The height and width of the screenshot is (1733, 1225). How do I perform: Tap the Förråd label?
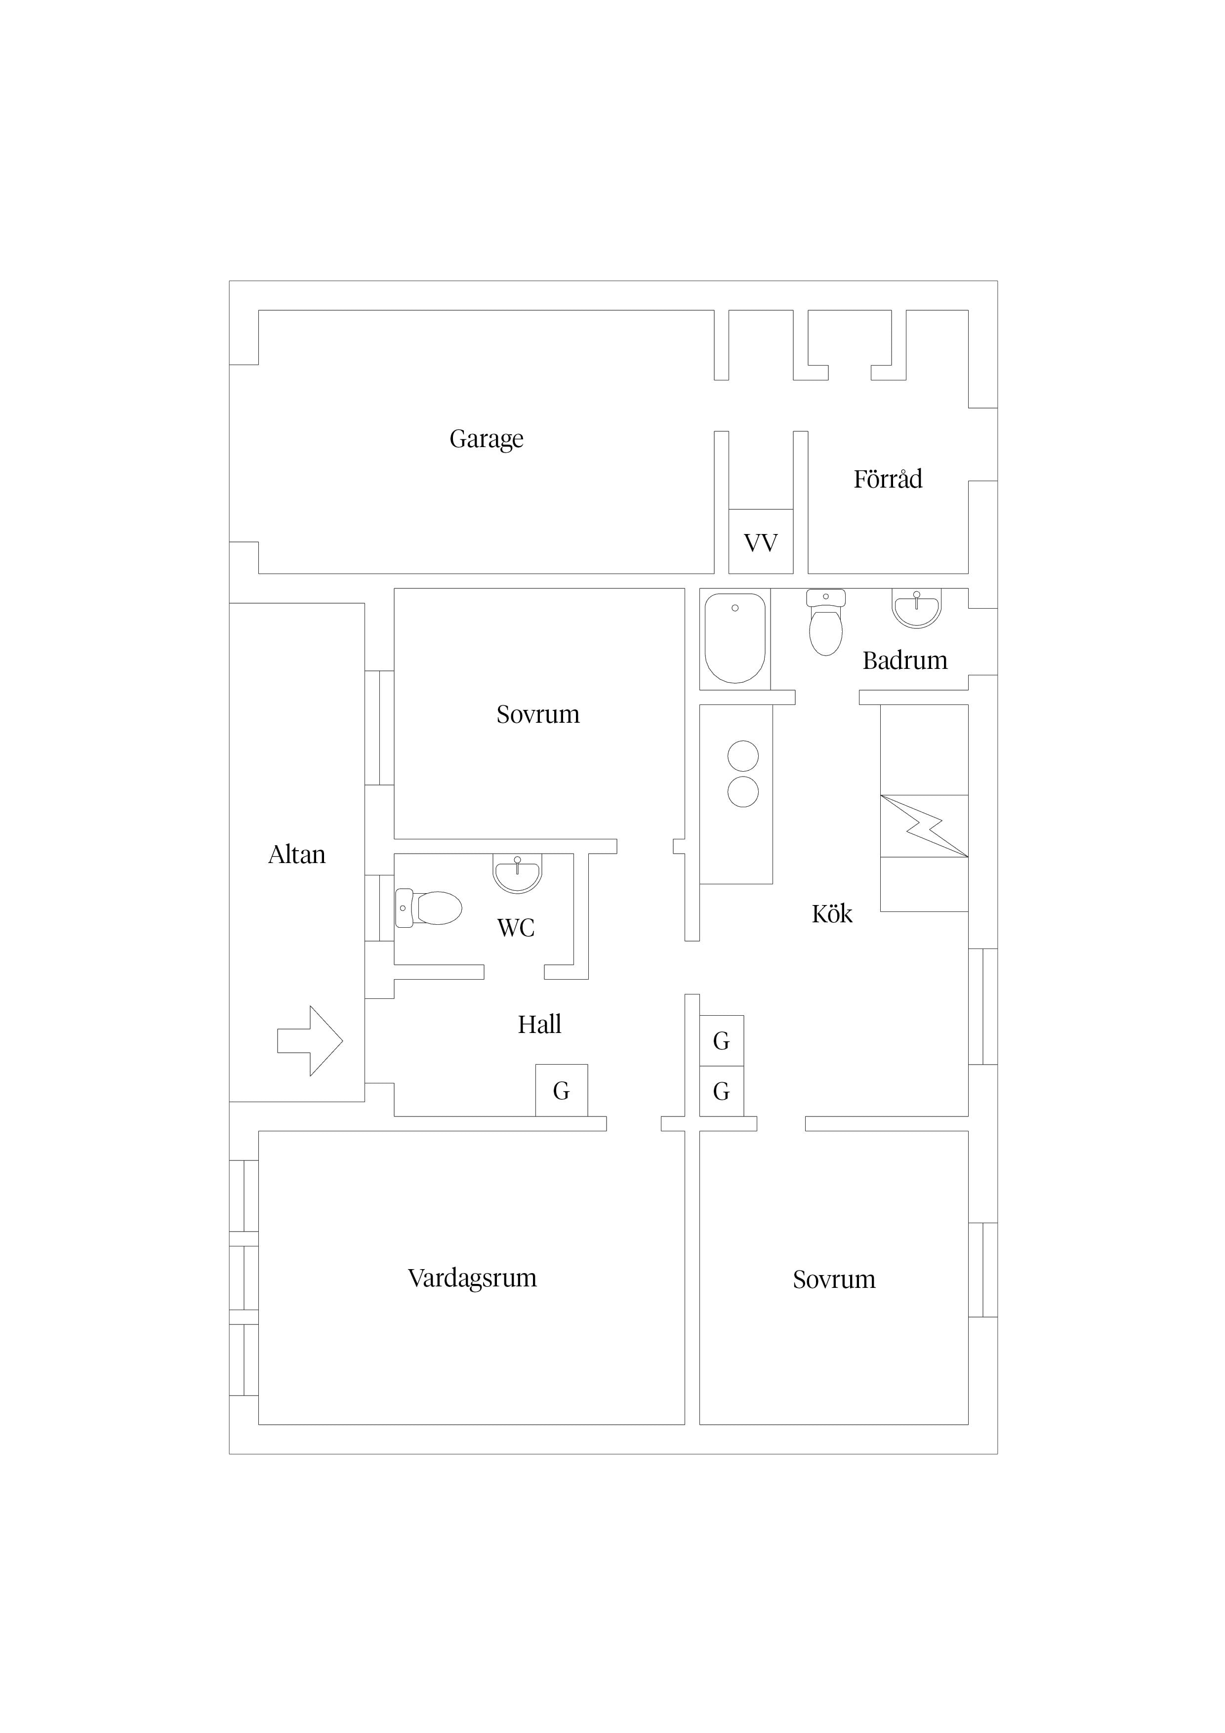click(888, 479)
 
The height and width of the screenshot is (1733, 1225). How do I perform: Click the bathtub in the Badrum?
click(735, 639)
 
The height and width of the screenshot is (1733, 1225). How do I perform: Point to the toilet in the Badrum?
click(826, 622)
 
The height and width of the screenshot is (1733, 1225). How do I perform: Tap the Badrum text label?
click(904, 660)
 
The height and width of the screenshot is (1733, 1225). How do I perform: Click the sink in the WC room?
click(517, 873)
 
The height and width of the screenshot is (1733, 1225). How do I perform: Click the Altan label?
click(297, 855)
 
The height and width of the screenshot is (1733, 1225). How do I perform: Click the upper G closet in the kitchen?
click(722, 1041)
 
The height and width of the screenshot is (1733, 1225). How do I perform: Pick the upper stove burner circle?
click(743, 756)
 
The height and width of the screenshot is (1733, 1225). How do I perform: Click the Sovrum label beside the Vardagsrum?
click(833, 1279)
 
